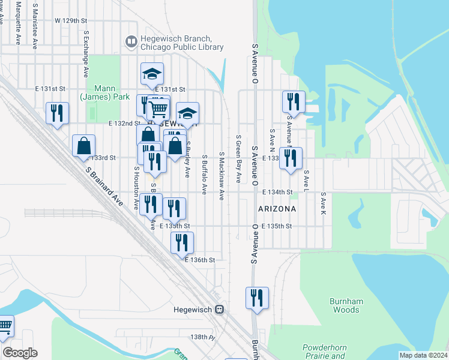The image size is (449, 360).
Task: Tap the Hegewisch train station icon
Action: (220, 310)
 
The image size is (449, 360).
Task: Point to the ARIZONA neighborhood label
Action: (277, 209)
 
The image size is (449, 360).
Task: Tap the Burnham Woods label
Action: (345, 305)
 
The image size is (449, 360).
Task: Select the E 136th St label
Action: (200, 260)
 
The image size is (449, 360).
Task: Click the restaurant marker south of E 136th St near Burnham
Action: (257, 298)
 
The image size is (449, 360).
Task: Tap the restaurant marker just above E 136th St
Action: (181, 243)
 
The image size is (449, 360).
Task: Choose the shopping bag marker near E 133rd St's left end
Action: (83, 146)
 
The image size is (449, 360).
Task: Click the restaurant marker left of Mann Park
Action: (57, 113)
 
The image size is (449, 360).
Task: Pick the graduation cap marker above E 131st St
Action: (152, 74)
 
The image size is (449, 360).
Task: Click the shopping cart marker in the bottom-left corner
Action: (5, 326)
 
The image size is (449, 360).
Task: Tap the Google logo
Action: (20, 353)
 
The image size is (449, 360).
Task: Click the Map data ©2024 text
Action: (423, 355)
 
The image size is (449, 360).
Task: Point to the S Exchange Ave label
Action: (87, 55)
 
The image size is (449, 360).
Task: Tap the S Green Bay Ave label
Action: (238, 159)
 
